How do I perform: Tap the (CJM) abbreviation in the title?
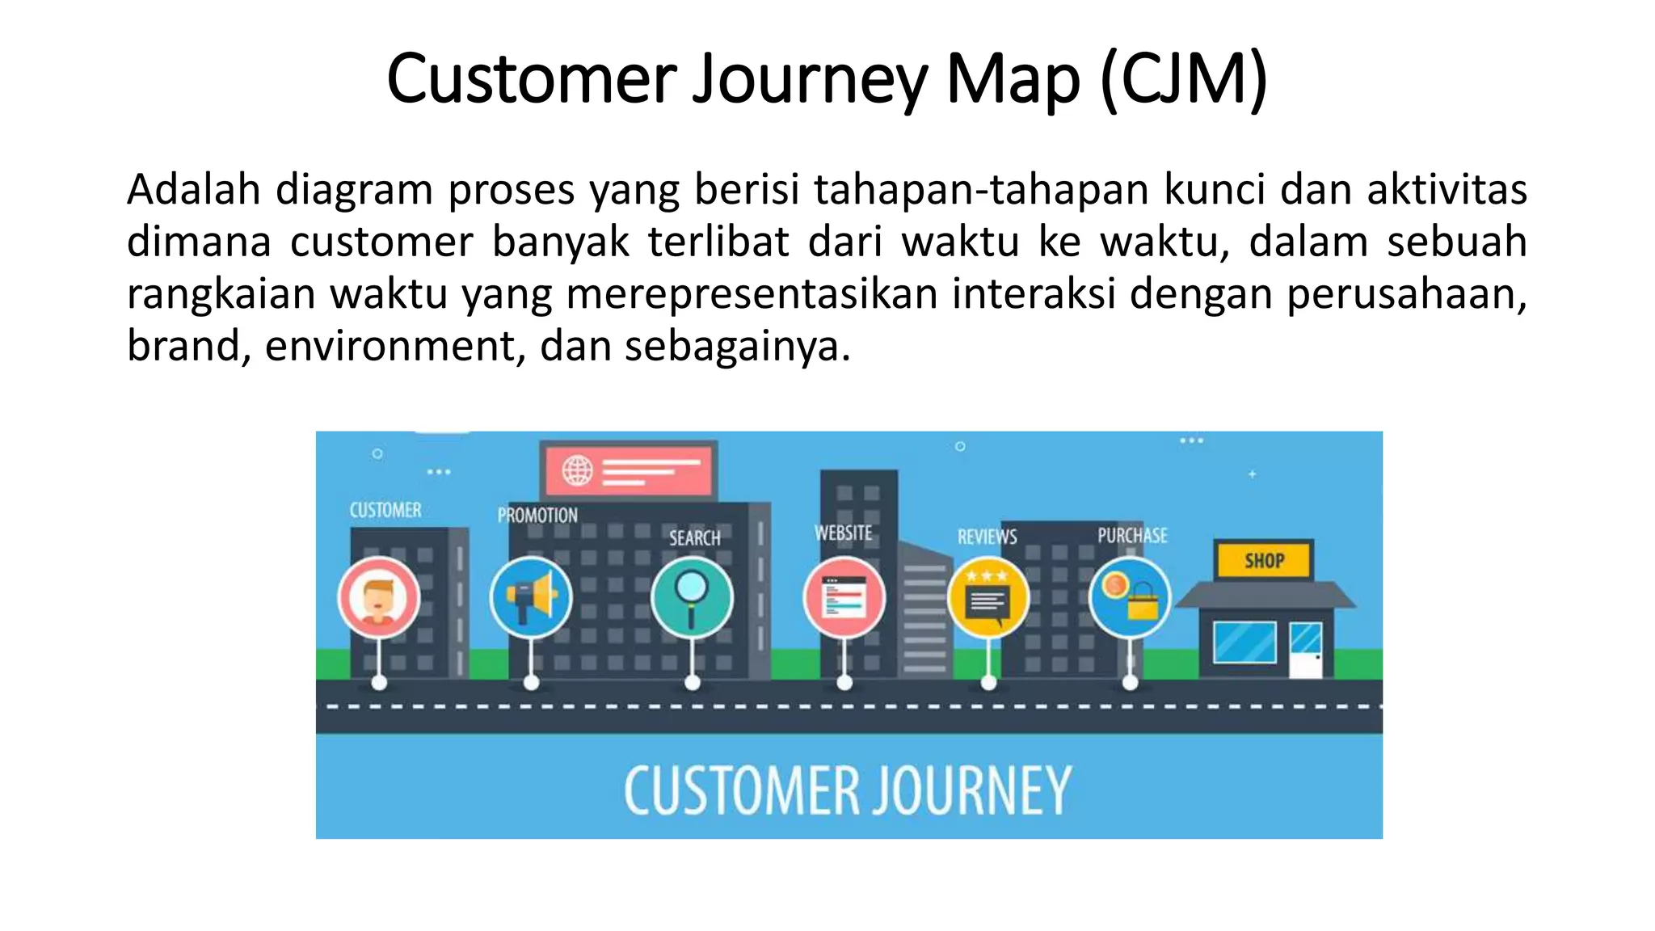(1183, 80)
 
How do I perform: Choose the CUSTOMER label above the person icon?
(385, 510)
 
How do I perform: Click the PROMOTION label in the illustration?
(537, 515)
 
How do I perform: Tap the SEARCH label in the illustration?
(694, 537)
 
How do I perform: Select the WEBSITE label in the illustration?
(844, 533)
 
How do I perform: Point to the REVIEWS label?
(988, 537)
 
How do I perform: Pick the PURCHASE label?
(1132, 535)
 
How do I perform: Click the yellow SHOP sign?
(1264, 560)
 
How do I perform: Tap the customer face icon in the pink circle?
(378, 599)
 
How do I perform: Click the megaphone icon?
(531, 598)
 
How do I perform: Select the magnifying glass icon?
(692, 597)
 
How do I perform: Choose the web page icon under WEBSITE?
(844, 599)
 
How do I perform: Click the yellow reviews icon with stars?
(988, 599)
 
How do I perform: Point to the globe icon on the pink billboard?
(578, 470)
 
